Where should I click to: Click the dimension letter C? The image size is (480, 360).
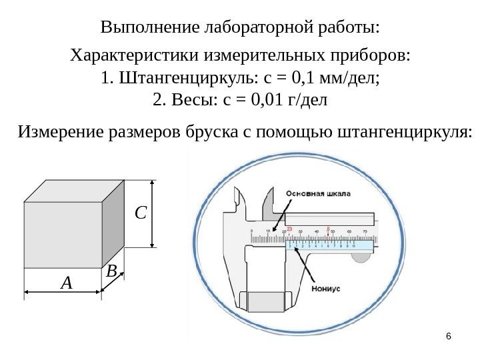140,213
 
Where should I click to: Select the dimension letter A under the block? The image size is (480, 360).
65,283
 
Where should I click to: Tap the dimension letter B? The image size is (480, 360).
111,271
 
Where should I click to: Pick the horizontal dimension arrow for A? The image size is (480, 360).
63,292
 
